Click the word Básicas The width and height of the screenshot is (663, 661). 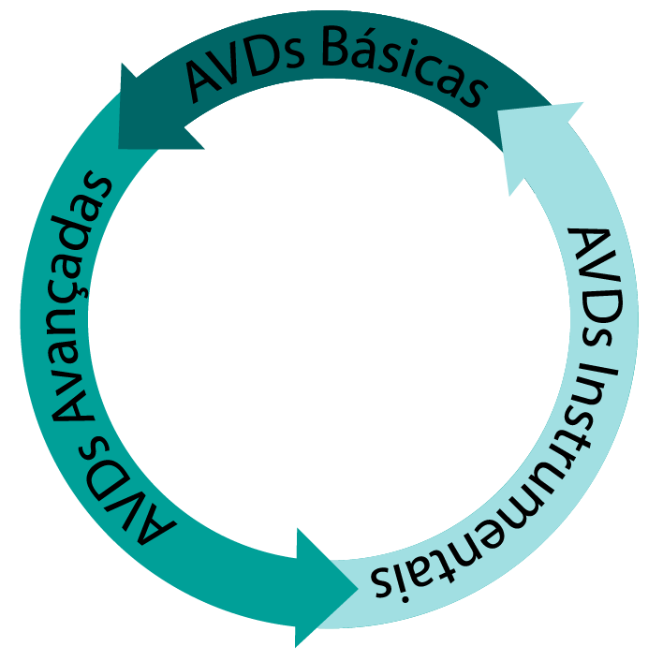(x=402, y=67)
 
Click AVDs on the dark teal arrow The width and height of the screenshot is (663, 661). (x=245, y=67)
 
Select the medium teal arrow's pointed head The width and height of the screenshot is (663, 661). (x=358, y=588)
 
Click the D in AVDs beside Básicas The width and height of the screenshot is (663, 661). (x=263, y=60)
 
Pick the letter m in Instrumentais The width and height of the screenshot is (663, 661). (x=533, y=496)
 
